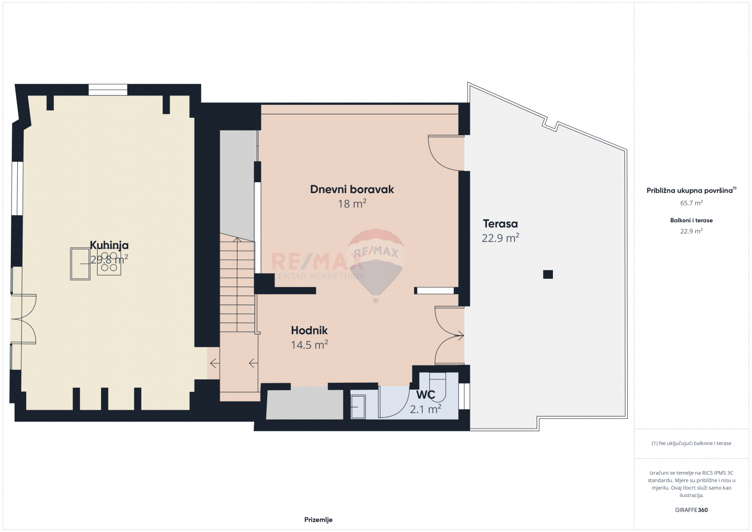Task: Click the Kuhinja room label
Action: coord(109,245)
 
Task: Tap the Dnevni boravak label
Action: coord(352,189)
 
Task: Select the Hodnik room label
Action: coord(309,330)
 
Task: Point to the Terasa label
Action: coord(500,224)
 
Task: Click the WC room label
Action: coord(426,395)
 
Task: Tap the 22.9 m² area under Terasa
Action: coord(500,238)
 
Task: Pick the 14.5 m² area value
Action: coord(309,345)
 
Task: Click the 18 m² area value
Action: coord(352,203)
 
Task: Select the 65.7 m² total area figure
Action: coord(691,203)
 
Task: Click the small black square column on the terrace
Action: coord(548,274)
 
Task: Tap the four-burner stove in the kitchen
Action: coord(109,262)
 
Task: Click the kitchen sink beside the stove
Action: coord(80,264)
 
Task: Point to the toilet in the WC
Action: coord(438,387)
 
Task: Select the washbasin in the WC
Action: coord(358,407)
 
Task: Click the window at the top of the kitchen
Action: coord(108,90)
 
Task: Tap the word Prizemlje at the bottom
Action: coord(318,520)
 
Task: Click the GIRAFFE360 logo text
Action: coord(691,510)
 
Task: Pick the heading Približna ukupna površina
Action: coord(689,191)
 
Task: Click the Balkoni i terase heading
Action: coord(691,220)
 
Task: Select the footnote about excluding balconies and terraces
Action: coord(691,443)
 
